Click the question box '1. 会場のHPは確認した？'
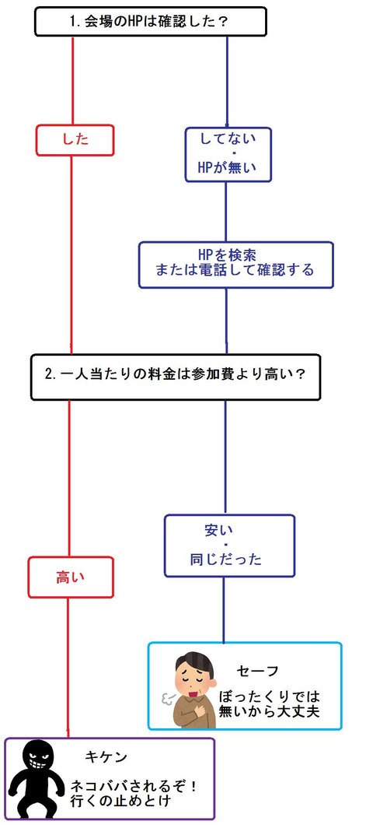tap(151, 21)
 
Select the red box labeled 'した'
tap(75, 140)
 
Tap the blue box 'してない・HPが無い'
tap(228, 154)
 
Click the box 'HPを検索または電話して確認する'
tap(235, 265)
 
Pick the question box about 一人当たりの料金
tap(176, 377)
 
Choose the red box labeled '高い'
tap(70, 577)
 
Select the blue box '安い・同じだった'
tap(229, 546)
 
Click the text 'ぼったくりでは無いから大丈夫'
tap(272, 703)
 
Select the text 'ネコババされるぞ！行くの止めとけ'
tap(134, 793)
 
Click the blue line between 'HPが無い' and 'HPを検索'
tap(226, 212)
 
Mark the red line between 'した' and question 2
tap(72, 255)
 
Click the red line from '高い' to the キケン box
tap(68, 668)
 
